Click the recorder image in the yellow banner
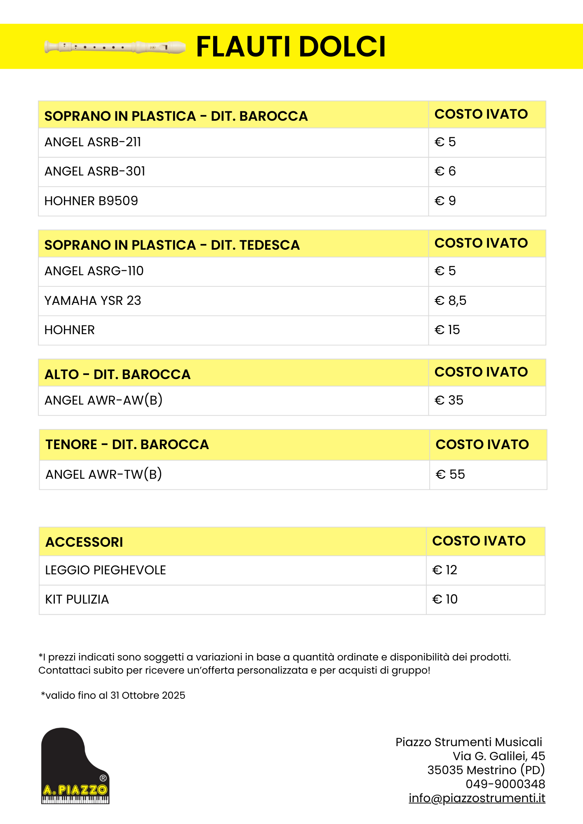click(115, 47)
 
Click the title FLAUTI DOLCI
click(291, 46)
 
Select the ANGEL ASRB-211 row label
click(93, 142)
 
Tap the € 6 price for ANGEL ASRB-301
click(445, 171)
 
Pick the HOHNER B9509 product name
click(91, 201)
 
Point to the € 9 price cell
click(445, 201)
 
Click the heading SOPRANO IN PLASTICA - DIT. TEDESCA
click(172, 245)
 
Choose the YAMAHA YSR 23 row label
click(93, 301)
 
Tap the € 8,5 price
click(450, 301)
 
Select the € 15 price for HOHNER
click(447, 330)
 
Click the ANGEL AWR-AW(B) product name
click(103, 400)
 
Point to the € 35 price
click(449, 400)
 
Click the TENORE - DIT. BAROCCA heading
click(127, 445)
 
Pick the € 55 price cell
click(450, 475)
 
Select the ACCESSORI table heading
click(84, 542)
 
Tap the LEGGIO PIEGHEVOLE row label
click(106, 570)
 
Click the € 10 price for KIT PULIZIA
click(445, 599)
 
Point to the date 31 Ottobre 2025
click(148, 695)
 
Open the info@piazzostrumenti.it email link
click(477, 798)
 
